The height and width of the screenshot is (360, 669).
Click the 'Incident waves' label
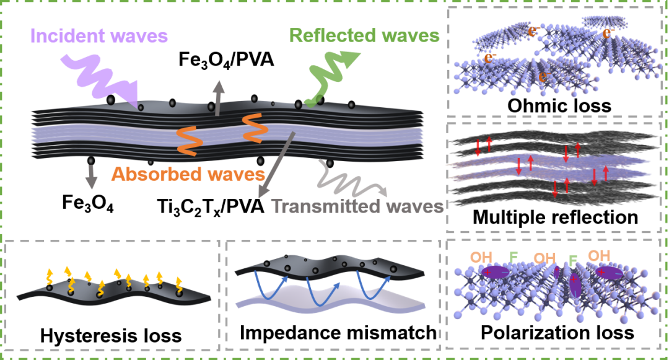click(x=99, y=36)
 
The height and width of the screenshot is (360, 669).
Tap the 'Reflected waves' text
click(x=364, y=35)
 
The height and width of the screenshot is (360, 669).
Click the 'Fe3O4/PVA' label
click(x=226, y=59)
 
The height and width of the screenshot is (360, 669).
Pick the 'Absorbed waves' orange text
click(x=188, y=174)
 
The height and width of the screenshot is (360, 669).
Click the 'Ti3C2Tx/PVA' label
click(x=211, y=207)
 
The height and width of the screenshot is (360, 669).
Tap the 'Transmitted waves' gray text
click(x=357, y=206)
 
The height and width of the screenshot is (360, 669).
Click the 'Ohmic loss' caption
click(x=559, y=106)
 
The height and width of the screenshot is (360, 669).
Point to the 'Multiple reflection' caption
click(x=556, y=217)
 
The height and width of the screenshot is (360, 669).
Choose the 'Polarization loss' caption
click(x=557, y=333)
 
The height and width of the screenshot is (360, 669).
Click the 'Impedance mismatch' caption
click(x=338, y=333)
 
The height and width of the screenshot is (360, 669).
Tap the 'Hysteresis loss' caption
click(x=111, y=336)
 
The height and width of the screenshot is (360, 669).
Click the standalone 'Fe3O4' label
click(x=88, y=203)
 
